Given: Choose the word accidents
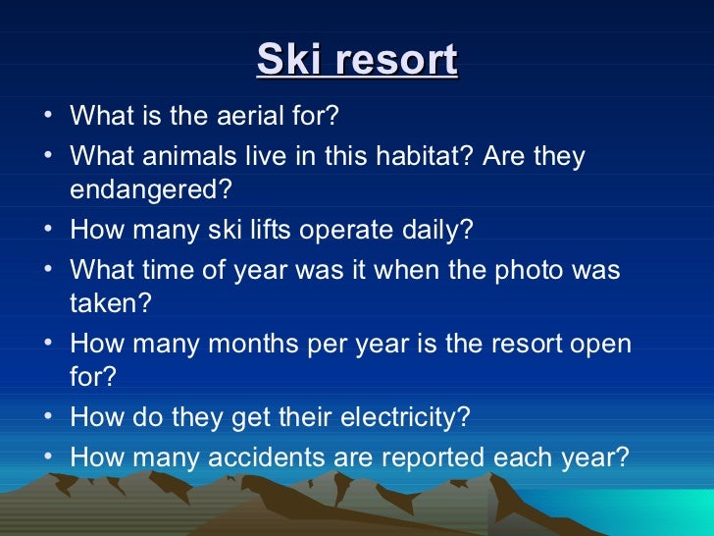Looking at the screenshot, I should (300, 456).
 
